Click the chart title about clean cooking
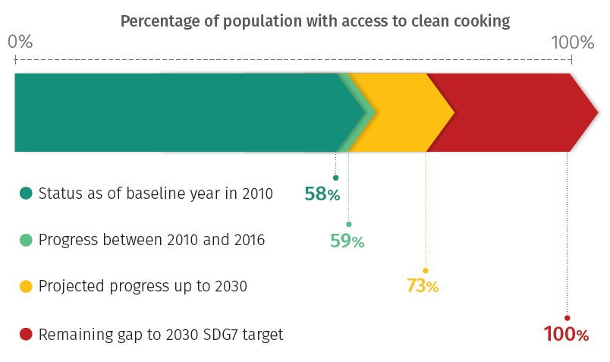tap(315, 20)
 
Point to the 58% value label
tap(322, 194)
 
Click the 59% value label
tap(347, 241)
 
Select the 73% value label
tap(422, 286)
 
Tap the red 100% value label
tap(566, 334)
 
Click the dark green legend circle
tap(26, 194)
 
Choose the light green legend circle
tap(26, 240)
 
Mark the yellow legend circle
tap(26, 287)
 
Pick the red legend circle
tap(26, 334)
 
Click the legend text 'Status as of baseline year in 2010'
tap(156, 194)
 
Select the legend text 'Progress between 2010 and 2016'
tap(152, 240)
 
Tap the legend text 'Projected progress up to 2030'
tap(143, 287)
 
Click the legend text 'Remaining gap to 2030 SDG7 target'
tap(161, 334)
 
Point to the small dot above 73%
tap(425, 270)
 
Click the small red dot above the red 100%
tap(567, 317)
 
